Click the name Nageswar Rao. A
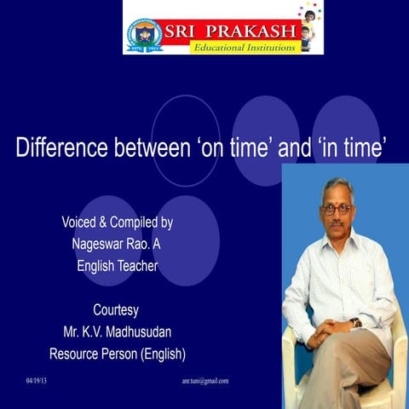click(117, 244)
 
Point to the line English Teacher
click(117, 266)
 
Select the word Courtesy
click(117, 309)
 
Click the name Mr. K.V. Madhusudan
click(117, 331)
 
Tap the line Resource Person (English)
click(117, 353)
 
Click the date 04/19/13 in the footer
click(37, 381)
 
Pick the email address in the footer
click(205, 381)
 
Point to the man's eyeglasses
click(339, 209)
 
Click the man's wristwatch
click(355, 323)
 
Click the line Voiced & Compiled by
click(117, 222)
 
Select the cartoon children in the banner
click(309, 26)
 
